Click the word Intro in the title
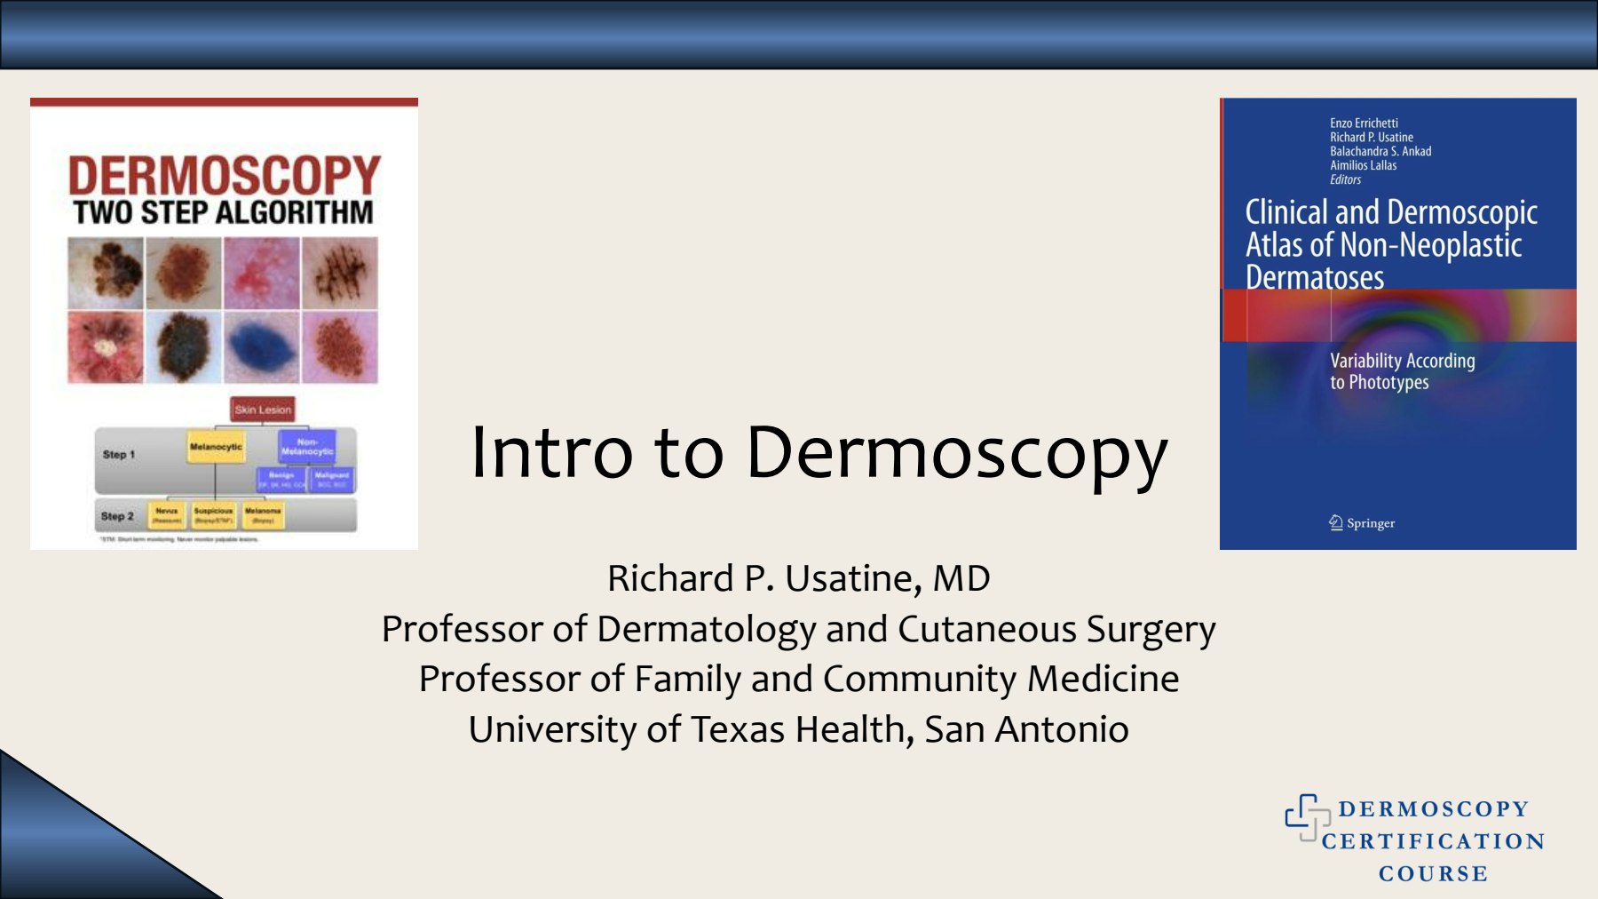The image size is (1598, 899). coord(551,453)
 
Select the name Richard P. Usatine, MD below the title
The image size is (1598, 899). coord(798,578)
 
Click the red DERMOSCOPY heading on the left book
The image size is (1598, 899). coord(225,175)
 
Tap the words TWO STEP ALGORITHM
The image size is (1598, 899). coord(224,213)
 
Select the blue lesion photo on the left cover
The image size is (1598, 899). coord(261,347)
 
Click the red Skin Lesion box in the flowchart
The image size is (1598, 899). coord(262,410)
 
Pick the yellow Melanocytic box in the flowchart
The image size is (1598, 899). coord(216,447)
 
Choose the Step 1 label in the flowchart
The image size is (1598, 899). coord(119,454)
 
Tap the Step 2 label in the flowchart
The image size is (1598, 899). coord(117,516)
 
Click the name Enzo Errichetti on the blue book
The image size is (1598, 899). coord(1364,123)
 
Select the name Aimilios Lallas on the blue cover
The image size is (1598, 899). coord(1363,165)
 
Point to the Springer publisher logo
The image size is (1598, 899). coord(1362,523)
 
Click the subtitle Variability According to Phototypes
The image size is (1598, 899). coord(1402,371)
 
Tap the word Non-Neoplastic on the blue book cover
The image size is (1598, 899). coord(1431,245)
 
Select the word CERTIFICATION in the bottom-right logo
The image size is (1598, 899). coord(1433,841)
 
